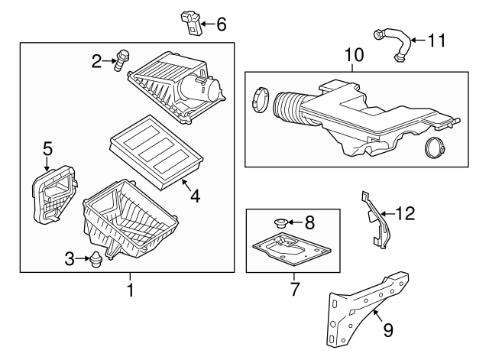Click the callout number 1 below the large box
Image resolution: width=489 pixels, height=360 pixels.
[x=129, y=290]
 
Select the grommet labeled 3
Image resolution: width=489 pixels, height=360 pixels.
[x=96, y=260]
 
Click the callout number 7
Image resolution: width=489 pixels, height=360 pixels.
[x=294, y=290]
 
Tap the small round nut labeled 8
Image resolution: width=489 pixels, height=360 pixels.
[x=279, y=223]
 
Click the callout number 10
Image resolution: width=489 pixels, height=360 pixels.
[x=354, y=55]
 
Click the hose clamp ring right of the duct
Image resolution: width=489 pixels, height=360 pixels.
[x=436, y=149]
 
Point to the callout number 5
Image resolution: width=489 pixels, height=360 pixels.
[x=47, y=148]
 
